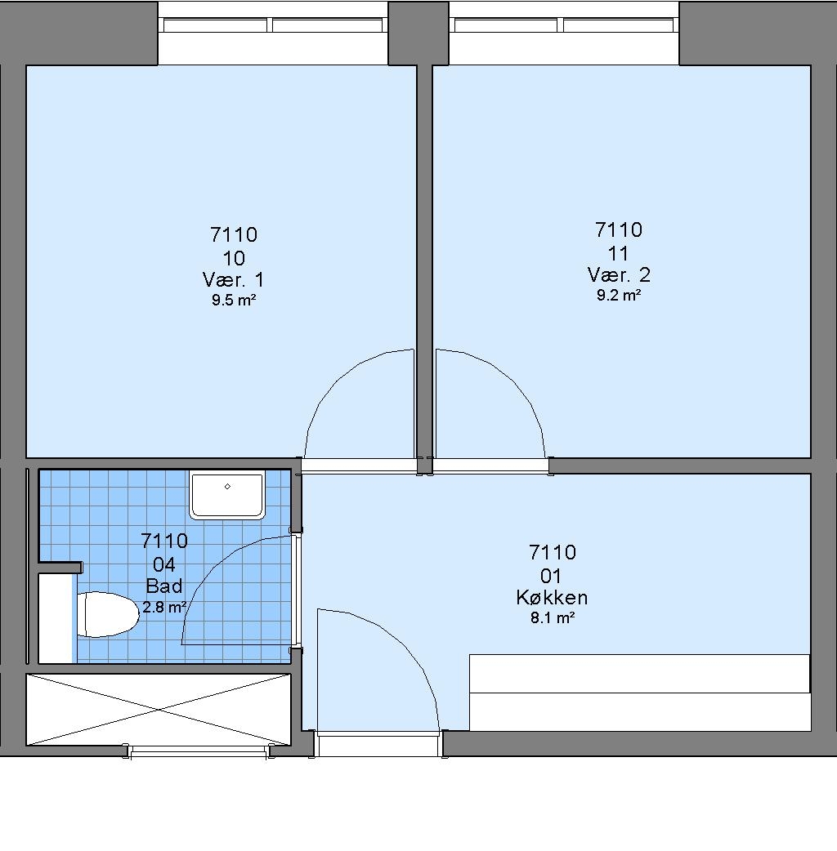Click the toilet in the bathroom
(x=108, y=614)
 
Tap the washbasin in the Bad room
(x=227, y=495)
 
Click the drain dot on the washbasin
(x=227, y=486)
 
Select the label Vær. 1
(x=233, y=280)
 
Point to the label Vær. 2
(x=619, y=275)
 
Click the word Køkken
(x=552, y=598)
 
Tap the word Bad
(x=164, y=586)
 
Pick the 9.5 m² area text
(x=234, y=300)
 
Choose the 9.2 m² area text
(x=619, y=296)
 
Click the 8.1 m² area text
(x=553, y=617)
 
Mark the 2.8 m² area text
(x=164, y=607)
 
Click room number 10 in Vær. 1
(x=234, y=258)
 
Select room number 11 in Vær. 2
(x=618, y=253)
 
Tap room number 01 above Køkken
(x=551, y=576)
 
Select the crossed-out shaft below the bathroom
(x=159, y=710)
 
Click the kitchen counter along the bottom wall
(x=640, y=693)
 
